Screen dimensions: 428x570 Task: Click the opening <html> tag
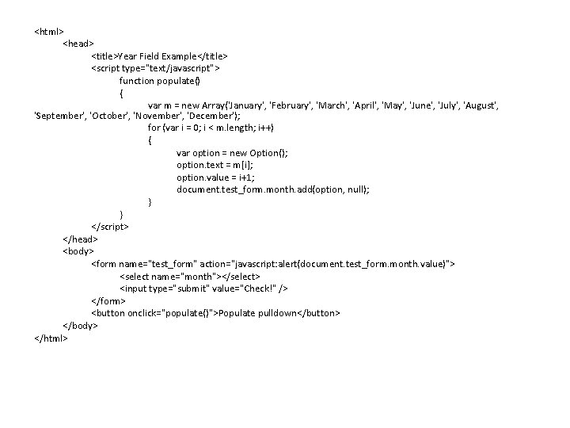[x=49, y=32]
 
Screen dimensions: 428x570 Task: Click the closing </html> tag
[x=51, y=338]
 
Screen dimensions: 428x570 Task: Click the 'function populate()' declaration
[x=160, y=80]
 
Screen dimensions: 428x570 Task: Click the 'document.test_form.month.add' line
[x=273, y=189]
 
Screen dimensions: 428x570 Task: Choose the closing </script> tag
[x=110, y=226]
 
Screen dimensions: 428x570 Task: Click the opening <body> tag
[x=78, y=250]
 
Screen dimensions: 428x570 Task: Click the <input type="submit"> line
[x=203, y=288]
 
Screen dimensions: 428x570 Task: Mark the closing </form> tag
[x=108, y=300]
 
